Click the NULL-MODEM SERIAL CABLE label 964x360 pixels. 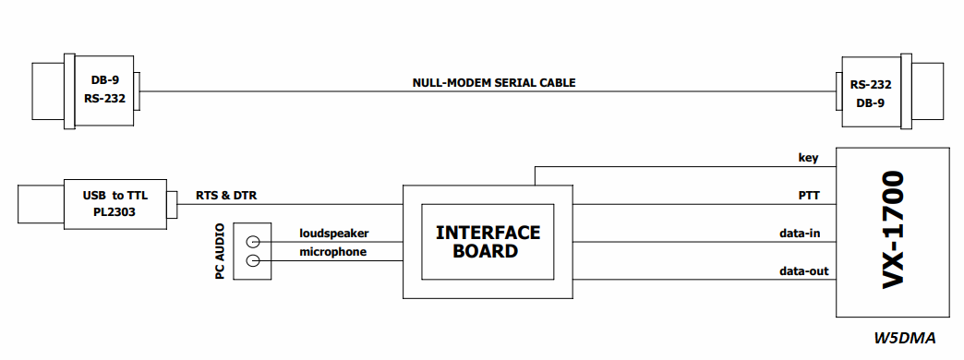[494, 82]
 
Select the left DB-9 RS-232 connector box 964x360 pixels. [104, 90]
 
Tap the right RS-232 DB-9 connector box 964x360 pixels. [871, 92]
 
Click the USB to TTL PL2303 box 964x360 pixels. [115, 205]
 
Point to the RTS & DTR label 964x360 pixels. [226, 196]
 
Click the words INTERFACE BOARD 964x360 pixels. [488, 242]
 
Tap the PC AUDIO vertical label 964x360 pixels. [220, 251]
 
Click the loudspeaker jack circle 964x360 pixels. [252, 242]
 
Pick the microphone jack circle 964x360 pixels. [252, 261]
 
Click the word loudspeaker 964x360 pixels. [333, 234]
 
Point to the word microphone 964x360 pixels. [332, 252]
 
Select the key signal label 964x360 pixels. [809, 158]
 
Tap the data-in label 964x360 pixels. [800, 234]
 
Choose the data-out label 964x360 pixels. [803, 270]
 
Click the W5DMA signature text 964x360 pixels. [905, 338]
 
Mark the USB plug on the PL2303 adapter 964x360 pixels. [41, 204]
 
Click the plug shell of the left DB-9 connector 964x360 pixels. [48, 90]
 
